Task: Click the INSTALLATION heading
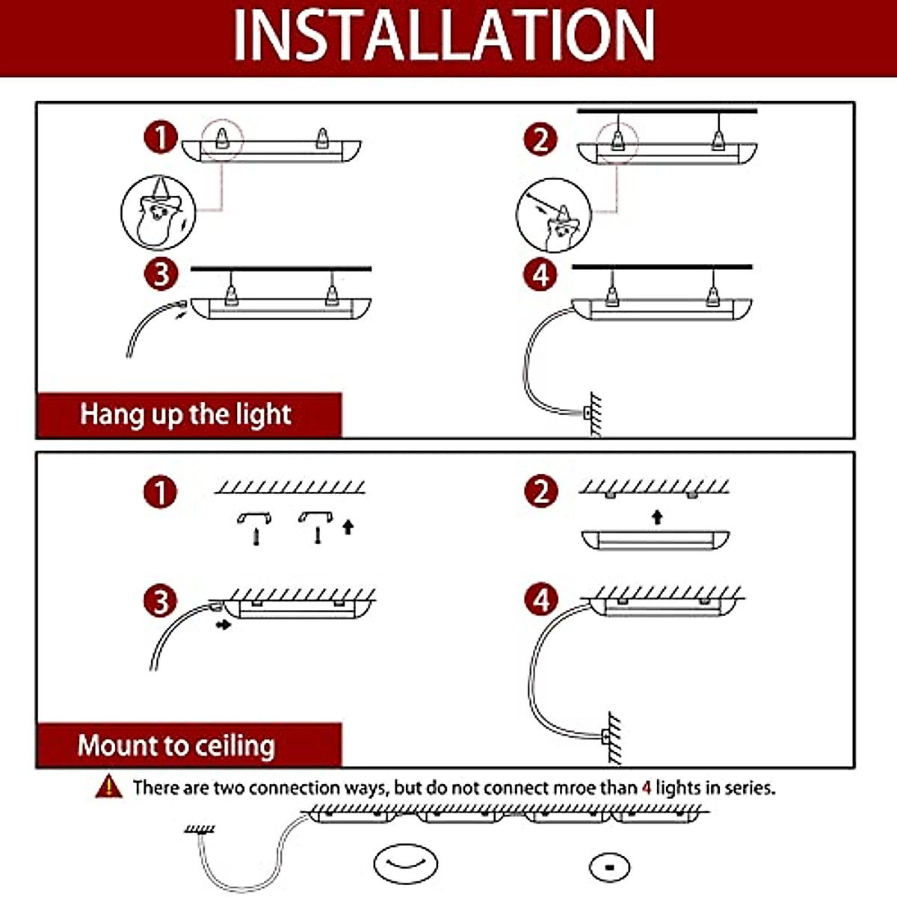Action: click(x=444, y=35)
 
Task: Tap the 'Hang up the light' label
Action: click(x=185, y=414)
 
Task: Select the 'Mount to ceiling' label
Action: click(x=176, y=745)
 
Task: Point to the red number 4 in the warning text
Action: click(x=647, y=788)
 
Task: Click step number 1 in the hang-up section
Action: click(x=161, y=138)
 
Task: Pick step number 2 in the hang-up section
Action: click(x=540, y=139)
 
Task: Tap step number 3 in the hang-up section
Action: click(x=161, y=274)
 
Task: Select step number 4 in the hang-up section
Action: click(x=540, y=275)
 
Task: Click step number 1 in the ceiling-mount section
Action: click(x=161, y=493)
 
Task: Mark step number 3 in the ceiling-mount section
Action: click(x=161, y=602)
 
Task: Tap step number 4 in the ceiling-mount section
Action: click(x=541, y=600)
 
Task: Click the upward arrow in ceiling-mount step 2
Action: click(x=657, y=517)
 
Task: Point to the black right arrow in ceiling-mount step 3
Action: click(x=223, y=623)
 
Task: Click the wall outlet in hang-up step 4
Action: click(x=588, y=412)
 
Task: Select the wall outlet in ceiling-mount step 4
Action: click(x=607, y=736)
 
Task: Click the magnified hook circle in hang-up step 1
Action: click(x=158, y=213)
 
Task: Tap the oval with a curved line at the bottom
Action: click(x=405, y=864)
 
